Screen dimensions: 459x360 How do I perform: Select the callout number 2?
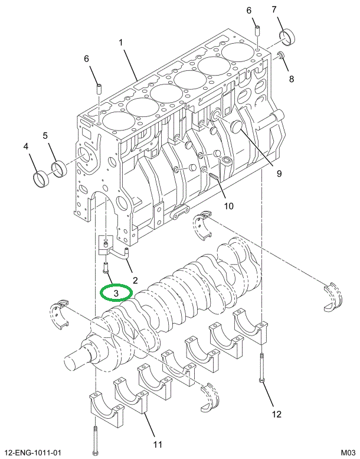pyautogui.click(x=135, y=279)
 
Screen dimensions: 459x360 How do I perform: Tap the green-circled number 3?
pyautogui.click(x=117, y=292)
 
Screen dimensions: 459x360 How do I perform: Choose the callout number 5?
pyautogui.click(x=45, y=136)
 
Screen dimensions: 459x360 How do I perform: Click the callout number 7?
pyautogui.click(x=290, y=9)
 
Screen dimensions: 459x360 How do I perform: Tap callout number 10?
pyautogui.click(x=228, y=206)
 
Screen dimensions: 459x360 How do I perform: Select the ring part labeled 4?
pyautogui.click(x=39, y=177)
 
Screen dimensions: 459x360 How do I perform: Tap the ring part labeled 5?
pyautogui.click(x=59, y=169)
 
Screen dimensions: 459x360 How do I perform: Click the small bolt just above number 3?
pyautogui.click(x=105, y=268)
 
